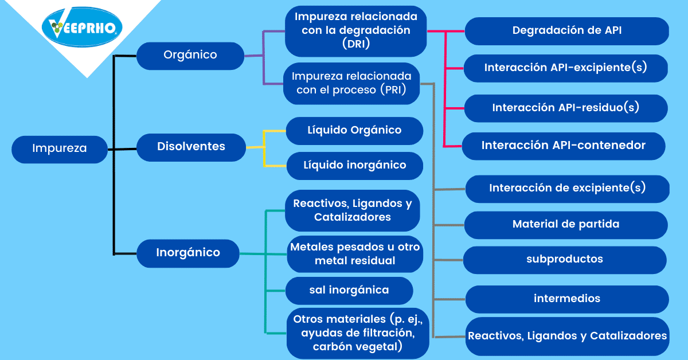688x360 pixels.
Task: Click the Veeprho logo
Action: point(82,27)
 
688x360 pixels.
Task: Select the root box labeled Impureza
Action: point(60,149)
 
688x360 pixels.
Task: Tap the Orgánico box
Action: point(190,56)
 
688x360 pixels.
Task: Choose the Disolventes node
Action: point(191,147)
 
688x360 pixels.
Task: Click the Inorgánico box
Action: point(188,253)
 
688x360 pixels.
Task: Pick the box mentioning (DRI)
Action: point(355,32)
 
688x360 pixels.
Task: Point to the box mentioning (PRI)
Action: point(351,84)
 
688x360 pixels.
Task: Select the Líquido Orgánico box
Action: point(354,131)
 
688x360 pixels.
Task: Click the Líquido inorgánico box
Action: point(355,166)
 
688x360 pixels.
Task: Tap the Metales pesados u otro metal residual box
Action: point(355,254)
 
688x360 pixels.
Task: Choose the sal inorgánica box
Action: point(349,291)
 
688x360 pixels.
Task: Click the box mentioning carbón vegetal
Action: point(358,333)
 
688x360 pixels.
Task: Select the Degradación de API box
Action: point(567,31)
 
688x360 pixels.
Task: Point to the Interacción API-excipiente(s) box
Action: point(566,68)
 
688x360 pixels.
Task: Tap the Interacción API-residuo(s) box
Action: point(566,108)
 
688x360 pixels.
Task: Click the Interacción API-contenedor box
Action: point(564,146)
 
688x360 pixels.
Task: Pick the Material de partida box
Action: point(566,225)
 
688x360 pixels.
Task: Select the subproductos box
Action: point(565,260)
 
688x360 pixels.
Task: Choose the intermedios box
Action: point(567,299)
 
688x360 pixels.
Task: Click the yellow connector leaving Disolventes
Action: point(264,147)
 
